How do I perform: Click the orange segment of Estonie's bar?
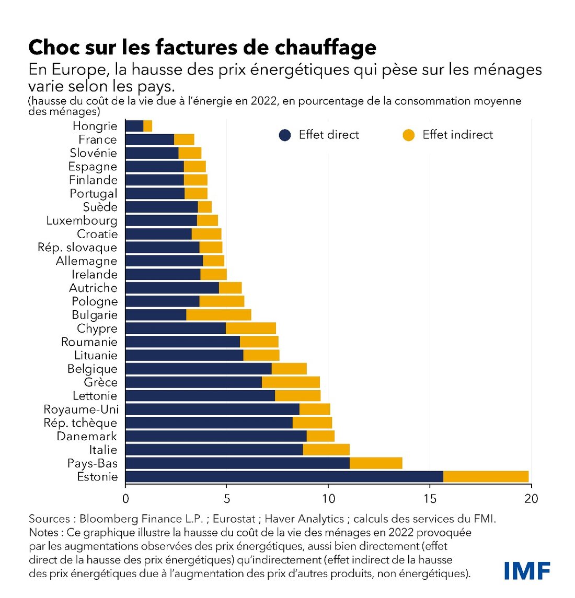pos(486,476)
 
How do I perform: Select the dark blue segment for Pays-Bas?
pos(237,463)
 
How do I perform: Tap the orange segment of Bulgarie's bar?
pos(218,315)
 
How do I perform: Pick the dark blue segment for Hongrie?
pos(134,126)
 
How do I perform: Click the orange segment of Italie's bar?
pos(326,450)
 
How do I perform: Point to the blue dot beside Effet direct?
pos(285,135)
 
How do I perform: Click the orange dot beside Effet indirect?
pos(409,135)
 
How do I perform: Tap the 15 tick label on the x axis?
pos(430,499)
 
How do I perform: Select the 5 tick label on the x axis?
pos(227,499)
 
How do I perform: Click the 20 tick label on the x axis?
pos(531,499)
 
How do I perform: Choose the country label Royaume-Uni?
pos(81,409)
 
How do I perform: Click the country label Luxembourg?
pos(82,220)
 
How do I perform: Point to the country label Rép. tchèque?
pos(80,423)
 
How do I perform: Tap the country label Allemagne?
pos(86,261)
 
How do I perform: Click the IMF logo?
pos(527,571)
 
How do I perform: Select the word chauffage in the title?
pos(326,47)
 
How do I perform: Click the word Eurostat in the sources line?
pos(234,519)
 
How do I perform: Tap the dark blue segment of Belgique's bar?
pos(199,369)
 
